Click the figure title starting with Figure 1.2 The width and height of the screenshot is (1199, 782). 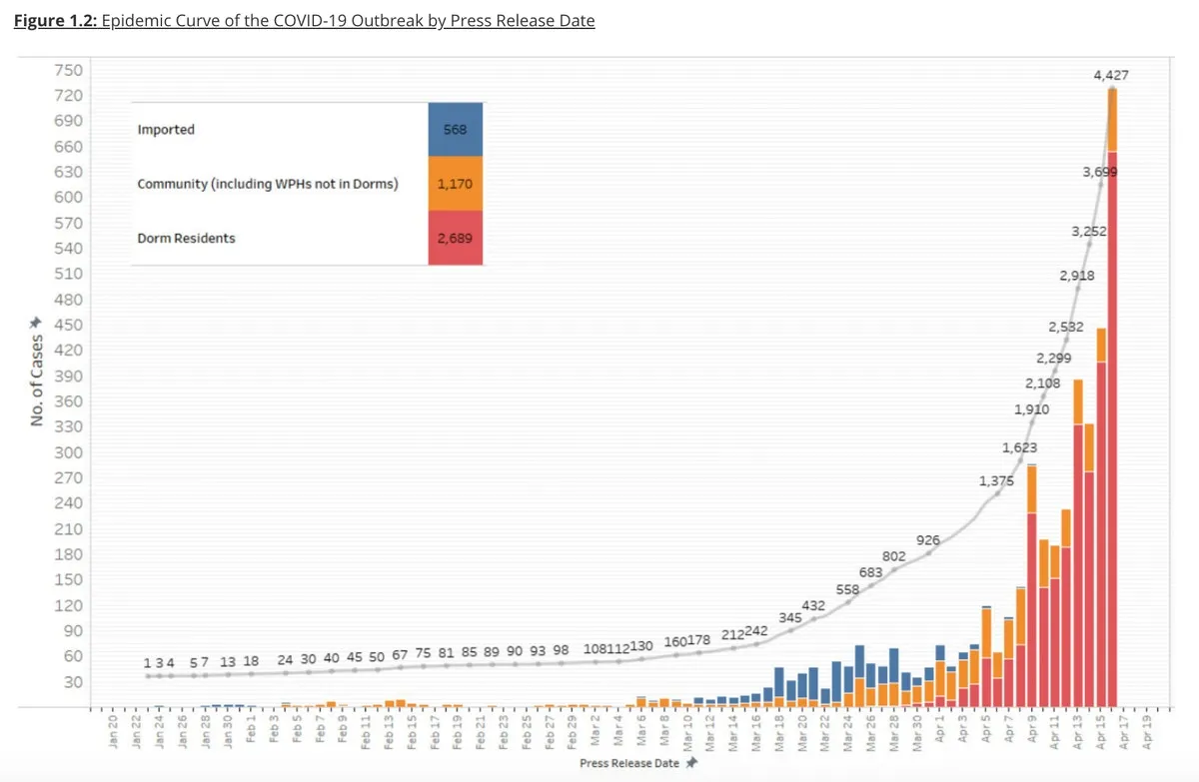(305, 20)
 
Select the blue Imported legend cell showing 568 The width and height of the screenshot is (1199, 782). (456, 130)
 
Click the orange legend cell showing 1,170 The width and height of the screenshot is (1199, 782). (456, 184)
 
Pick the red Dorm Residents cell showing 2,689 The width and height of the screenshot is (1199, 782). (456, 239)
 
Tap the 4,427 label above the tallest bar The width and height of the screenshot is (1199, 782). (1112, 76)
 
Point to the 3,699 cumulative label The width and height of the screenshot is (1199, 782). (1100, 173)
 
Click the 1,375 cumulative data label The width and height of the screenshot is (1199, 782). (996, 481)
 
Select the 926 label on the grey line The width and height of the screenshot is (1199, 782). (928, 540)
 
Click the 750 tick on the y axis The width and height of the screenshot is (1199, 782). (68, 70)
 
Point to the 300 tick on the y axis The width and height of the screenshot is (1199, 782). (68, 453)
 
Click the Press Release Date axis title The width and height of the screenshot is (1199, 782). (629, 764)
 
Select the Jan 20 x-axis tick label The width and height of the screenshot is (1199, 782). (114, 732)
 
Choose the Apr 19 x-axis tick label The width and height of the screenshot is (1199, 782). (1148, 732)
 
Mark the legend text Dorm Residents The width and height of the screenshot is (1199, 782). (186, 239)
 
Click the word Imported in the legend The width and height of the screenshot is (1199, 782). (166, 130)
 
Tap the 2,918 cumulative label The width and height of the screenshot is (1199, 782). (1077, 275)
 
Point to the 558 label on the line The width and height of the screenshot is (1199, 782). (847, 589)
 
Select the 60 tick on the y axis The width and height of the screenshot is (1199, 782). (72, 657)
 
